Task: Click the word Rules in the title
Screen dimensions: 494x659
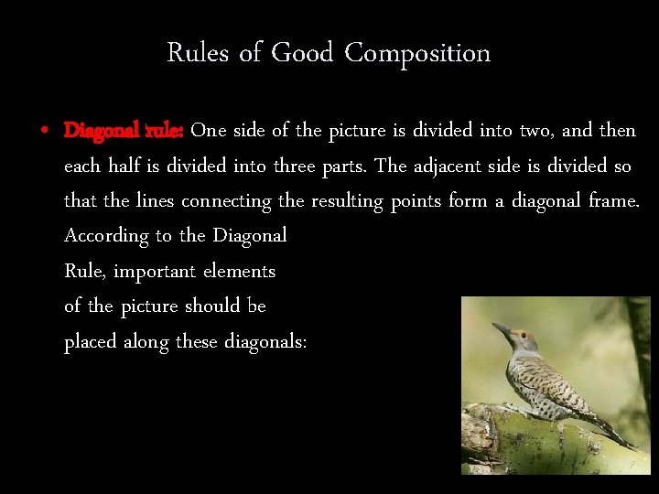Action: click(x=198, y=53)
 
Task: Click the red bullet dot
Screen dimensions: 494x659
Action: click(x=44, y=132)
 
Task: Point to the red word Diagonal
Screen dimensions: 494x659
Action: click(x=100, y=131)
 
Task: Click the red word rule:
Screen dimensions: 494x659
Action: click(x=164, y=131)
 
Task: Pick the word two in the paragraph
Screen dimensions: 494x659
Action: click(x=535, y=131)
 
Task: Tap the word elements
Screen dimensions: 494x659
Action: click(x=239, y=271)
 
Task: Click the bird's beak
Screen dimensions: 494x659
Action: click(x=500, y=327)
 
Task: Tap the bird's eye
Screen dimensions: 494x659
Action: click(x=517, y=337)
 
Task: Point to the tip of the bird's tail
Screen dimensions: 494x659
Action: click(x=632, y=446)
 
